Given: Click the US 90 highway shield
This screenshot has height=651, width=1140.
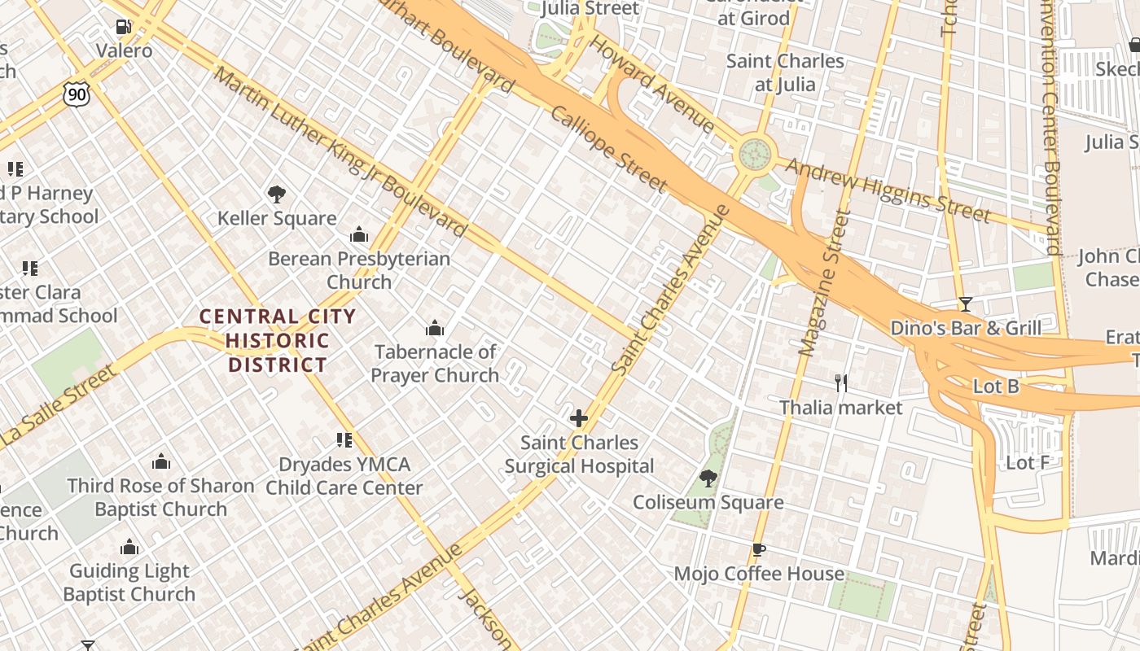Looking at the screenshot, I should pos(76,94).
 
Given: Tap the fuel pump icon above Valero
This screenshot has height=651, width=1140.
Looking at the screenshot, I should pos(124,27).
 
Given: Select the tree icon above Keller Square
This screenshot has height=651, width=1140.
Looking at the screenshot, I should pos(277,194).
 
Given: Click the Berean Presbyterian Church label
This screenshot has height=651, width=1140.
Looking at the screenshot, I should pos(359,270).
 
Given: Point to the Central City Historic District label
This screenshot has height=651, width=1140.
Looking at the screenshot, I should pos(278,341).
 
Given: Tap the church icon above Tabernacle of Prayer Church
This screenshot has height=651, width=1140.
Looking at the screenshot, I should pos(435,328).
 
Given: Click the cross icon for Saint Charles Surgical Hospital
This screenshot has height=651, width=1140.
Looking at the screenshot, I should pos(579,419).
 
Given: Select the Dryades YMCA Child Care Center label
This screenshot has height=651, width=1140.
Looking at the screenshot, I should pos(344,476).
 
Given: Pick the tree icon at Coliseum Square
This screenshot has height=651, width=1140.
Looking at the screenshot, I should pos(708,478).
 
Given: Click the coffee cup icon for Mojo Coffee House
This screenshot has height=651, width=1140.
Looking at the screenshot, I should pos(759,549).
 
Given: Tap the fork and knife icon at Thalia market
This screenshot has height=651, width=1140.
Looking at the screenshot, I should pos(841,382).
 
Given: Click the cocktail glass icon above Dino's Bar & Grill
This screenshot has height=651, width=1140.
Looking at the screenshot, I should pos(966,304).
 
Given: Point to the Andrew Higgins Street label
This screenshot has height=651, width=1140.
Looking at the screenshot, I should pos(888,191).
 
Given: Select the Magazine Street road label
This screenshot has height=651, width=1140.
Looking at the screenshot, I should pos(825,283).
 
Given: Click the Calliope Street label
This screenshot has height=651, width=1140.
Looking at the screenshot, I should pos(609,149).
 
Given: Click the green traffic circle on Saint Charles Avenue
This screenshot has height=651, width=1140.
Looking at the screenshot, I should pos(755,153).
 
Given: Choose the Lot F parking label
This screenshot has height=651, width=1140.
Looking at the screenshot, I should pos(1028,463).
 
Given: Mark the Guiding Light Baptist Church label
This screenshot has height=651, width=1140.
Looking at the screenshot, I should pos(129,583).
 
